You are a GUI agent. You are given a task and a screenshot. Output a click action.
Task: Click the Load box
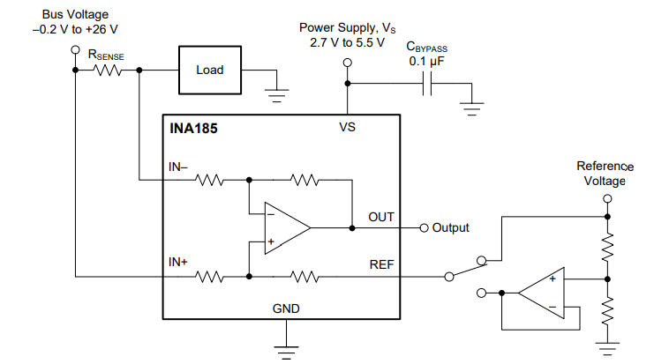[x=210, y=70]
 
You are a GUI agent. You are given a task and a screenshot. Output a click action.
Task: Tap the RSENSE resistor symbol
[x=107, y=70]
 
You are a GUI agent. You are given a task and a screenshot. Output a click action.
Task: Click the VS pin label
[x=347, y=127]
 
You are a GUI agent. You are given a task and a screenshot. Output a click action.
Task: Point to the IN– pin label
[x=178, y=166]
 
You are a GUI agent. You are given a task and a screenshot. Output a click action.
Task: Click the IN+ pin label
[x=179, y=263]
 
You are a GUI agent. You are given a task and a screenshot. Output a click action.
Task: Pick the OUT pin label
[x=381, y=217]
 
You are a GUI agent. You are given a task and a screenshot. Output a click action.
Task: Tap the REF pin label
[x=381, y=264]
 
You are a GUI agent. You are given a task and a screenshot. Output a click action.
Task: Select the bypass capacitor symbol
[x=429, y=85]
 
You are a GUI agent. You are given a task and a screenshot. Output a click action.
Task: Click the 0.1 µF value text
[x=427, y=63]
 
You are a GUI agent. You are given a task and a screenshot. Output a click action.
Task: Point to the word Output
[x=450, y=227]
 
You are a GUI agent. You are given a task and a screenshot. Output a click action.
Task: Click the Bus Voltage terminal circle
[x=75, y=50]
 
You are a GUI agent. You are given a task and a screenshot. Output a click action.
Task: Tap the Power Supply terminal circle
[x=347, y=63]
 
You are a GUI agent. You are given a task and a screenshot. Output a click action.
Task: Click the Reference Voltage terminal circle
[x=606, y=198]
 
